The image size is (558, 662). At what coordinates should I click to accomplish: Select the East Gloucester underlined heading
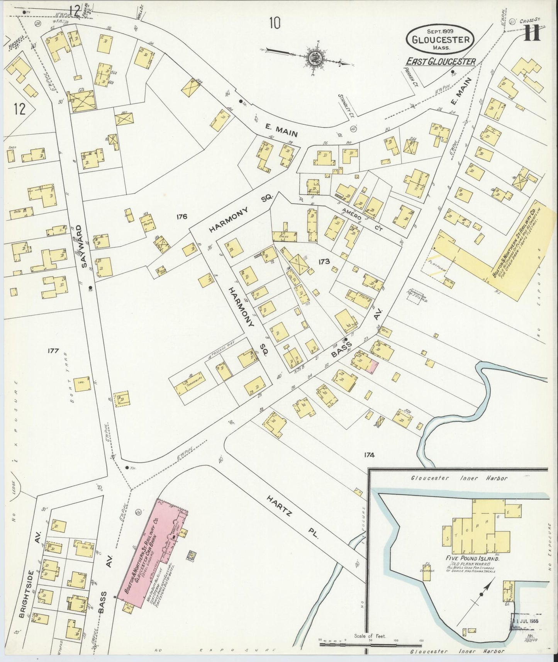coord(440,62)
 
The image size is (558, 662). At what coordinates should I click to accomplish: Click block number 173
coord(324,261)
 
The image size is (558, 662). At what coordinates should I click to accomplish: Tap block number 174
coord(369,455)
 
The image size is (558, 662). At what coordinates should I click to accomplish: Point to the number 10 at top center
coord(275,24)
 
